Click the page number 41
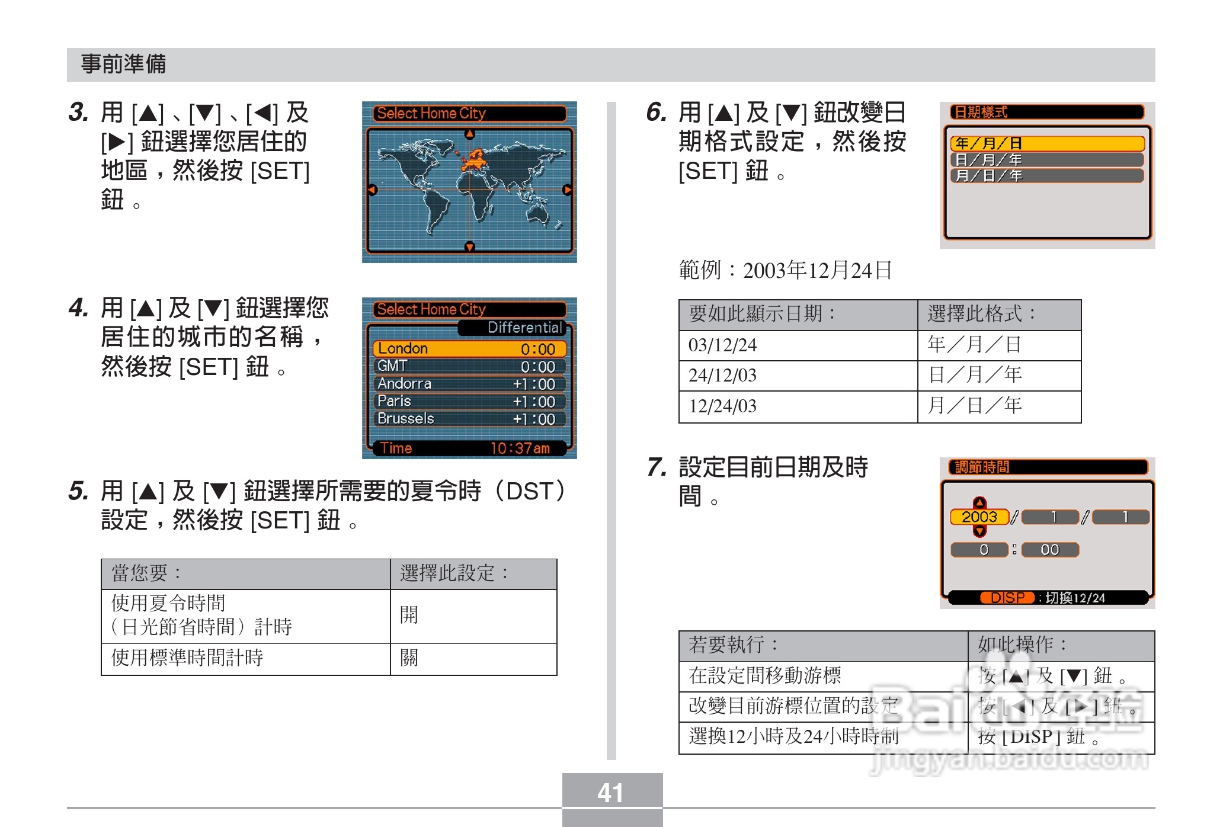point(611,793)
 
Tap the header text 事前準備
point(124,64)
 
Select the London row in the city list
point(469,348)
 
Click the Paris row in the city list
point(469,401)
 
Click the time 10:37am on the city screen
point(520,448)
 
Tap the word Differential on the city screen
point(524,328)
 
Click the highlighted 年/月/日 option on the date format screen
point(1046,143)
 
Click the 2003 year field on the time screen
point(979,517)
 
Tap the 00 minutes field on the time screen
point(1049,550)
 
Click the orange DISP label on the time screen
point(1007,598)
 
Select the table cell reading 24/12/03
point(722,376)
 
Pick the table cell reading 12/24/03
point(722,406)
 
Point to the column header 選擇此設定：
point(454,573)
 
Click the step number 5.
point(78,491)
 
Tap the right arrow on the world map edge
point(567,190)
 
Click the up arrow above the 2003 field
point(979,503)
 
